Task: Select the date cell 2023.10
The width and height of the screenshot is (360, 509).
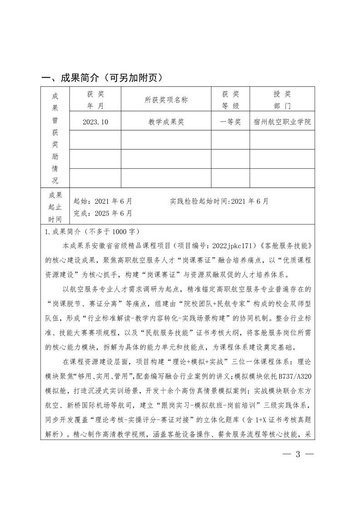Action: tap(95, 122)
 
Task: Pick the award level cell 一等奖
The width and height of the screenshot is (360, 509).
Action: tap(230, 122)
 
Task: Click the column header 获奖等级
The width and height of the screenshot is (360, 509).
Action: tap(230, 100)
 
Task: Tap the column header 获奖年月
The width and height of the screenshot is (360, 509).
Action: tap(95, 100)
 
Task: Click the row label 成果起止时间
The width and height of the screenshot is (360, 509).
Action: tap(54, 207)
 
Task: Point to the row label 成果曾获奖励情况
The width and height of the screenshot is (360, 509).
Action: tap(54, 138)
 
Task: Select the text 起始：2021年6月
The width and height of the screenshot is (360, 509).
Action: tap(103, 201)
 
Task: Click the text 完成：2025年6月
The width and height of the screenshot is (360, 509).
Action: tap(103, 212)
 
